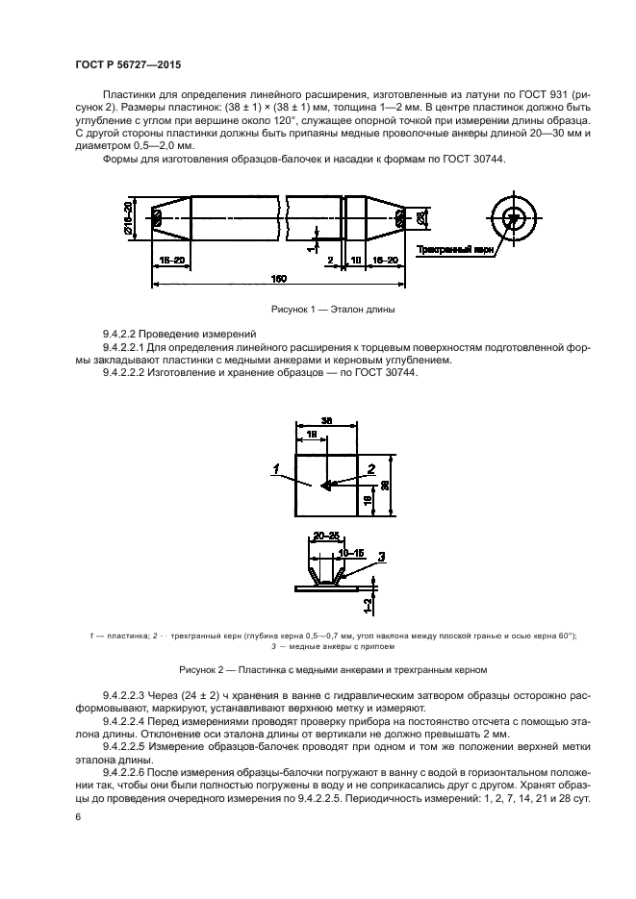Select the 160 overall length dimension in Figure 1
point(278,280)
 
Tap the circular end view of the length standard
point(516,218)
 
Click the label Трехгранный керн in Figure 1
point(455,249)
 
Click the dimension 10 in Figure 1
point(355,260)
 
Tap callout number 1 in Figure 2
point(275,470)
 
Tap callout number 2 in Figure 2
point(370,469)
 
